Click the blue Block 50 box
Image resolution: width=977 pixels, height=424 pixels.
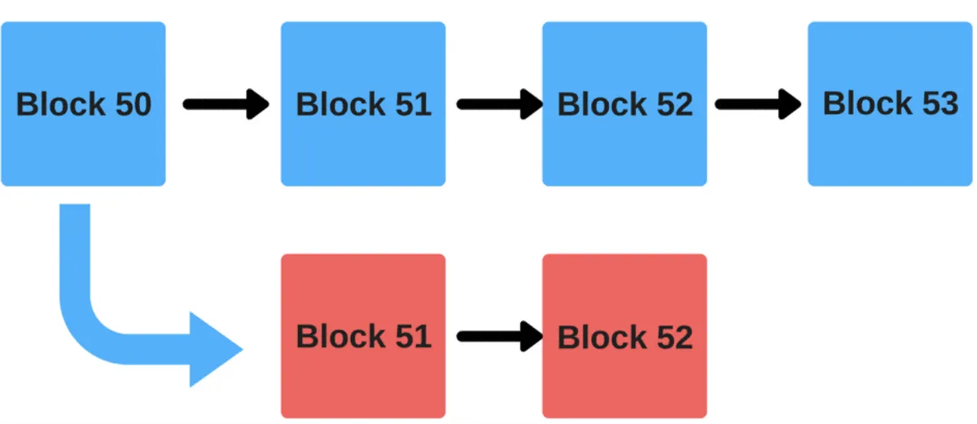83,103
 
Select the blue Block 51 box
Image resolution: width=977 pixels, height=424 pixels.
363,103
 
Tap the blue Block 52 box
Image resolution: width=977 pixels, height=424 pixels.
624,103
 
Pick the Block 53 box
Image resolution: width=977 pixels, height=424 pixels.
890,103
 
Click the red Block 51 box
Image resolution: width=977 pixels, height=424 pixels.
363,336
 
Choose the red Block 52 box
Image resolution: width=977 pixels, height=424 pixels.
624,336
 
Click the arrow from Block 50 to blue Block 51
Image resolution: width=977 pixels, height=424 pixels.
226,104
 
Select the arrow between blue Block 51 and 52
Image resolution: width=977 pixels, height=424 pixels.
500,104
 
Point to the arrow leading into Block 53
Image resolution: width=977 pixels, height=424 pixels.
758,104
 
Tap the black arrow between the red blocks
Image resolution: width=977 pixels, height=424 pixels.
500,336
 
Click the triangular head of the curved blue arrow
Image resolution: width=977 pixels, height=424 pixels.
213,349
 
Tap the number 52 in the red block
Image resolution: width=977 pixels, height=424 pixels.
675,337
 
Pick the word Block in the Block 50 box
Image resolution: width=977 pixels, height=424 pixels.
60,104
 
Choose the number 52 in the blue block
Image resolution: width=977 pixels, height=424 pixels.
675,104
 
